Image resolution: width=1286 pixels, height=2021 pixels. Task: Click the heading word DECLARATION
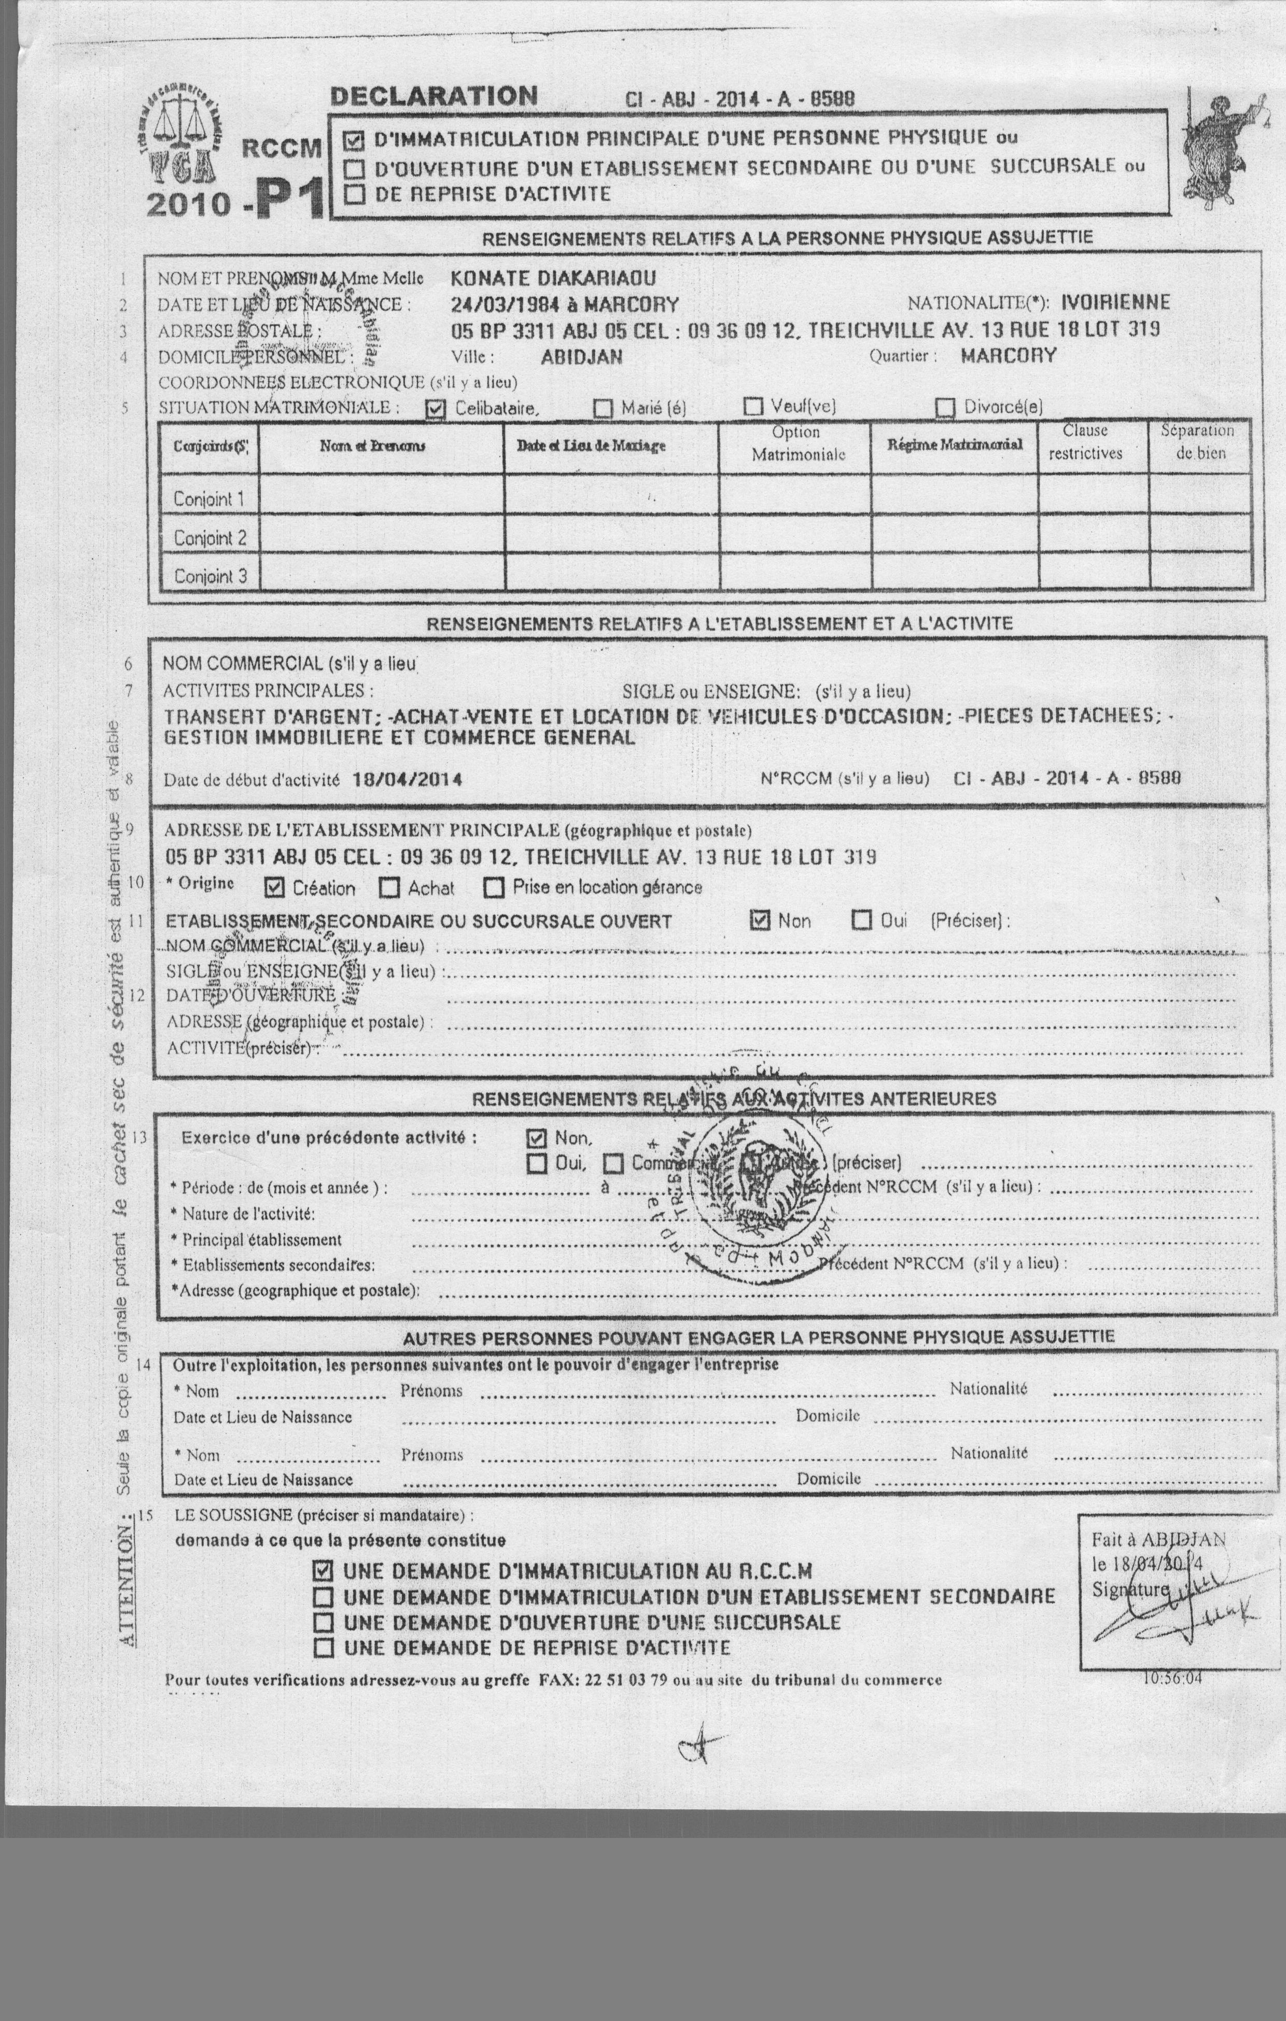click(433, 95)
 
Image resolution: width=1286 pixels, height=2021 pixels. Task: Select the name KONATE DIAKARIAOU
click(553, 278)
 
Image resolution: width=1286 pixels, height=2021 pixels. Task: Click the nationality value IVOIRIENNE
click(1115, 303)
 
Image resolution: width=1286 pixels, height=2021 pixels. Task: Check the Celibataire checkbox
click(435, 409)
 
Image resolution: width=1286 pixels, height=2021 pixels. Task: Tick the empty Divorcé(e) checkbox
click(945, 408)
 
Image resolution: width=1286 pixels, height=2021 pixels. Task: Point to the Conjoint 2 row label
click(210, 538)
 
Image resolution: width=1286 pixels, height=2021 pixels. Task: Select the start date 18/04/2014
click(407, 779)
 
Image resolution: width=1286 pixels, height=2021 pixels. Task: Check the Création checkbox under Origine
click(274, 887)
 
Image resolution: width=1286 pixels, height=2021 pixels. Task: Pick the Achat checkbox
click(389, 887)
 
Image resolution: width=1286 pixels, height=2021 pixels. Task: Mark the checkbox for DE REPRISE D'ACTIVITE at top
click(355, 194)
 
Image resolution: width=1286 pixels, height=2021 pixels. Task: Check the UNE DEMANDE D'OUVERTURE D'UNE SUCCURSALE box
click(323, 1622)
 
